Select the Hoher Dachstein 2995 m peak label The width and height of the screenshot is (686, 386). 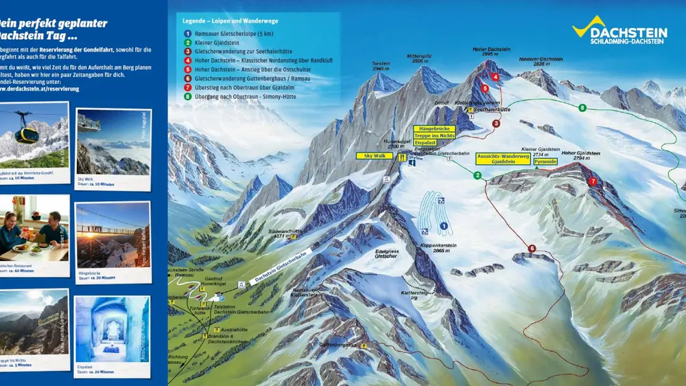click(491, 52)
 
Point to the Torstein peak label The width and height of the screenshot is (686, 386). click(381, 67)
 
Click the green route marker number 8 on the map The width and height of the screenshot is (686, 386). click(582, 108)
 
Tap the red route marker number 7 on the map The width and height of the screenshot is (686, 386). click(593, 182)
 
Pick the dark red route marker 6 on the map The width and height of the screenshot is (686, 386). click(532, 249)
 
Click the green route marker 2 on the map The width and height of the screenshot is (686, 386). click(477, 176)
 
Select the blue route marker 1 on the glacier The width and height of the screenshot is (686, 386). click(443, 225)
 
